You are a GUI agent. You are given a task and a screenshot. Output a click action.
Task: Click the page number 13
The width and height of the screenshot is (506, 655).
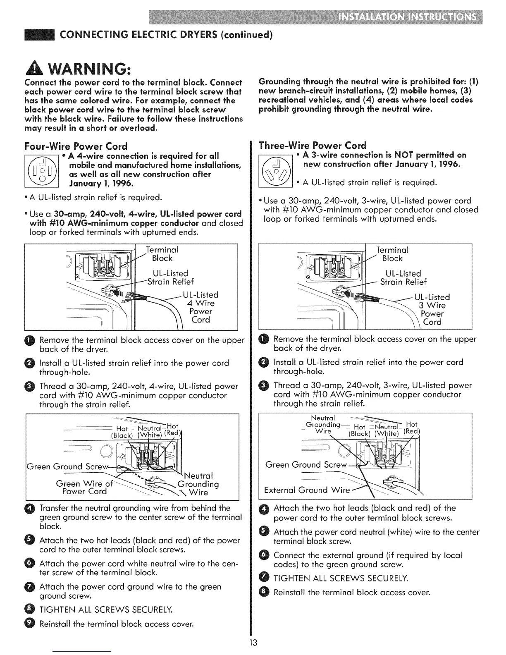pos(253,642)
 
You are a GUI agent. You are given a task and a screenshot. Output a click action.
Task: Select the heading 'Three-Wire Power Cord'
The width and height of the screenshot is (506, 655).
pos(312,145)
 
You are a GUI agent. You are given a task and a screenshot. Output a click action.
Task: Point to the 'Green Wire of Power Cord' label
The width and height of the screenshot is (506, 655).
pos(84,487)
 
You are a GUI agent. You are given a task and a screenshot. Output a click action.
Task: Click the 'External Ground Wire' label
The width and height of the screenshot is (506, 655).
pos(307,490)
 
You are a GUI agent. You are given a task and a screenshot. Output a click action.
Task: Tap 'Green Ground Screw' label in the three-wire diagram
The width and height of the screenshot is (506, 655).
pos(306,464)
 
